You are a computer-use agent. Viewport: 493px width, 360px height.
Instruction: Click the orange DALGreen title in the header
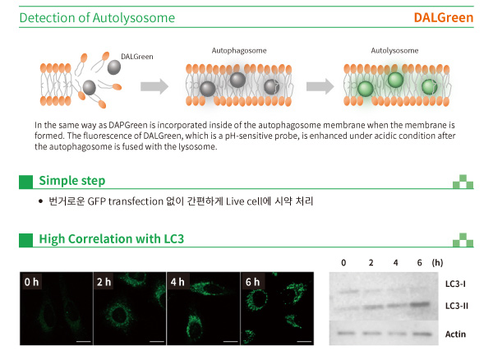click(x=444, y=17)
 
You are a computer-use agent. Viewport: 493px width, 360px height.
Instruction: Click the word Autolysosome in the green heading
click(x=134, y=18)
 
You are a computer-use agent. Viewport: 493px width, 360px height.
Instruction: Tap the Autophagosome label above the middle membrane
click(x=239, y=51)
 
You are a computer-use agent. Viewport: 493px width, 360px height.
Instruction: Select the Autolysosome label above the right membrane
click(x=394, y=51)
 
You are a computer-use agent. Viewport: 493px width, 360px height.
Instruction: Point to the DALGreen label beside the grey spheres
click(x=137, y=57)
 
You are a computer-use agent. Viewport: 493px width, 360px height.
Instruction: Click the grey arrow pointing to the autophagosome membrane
click(x=154, y=86)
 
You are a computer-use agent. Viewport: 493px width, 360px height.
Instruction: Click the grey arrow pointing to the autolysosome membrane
click(x=320, y=86)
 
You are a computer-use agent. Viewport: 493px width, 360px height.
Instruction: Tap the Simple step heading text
click(x=72, y=181)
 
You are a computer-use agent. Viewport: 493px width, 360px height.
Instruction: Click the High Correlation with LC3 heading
click(x=111, y=239)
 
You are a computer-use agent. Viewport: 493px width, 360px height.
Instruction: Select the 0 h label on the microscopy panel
click(x=31, y=282)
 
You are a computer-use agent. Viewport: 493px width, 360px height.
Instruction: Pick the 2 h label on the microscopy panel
click(x=104, y=282)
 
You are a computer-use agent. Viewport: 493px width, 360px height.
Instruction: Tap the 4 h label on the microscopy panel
click(x=177, y=282)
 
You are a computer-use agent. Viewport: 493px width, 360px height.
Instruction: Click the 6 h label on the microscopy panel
click(x=252, y=282)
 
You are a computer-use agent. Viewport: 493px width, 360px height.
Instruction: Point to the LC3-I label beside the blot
click(x=455, y=284)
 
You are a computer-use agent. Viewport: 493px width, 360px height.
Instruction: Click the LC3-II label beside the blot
click(x=457, y=306)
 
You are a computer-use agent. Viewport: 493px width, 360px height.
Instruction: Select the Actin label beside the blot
click(x=455, y=334)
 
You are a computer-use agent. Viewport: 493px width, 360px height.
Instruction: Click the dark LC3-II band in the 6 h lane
click(x=420, y=304)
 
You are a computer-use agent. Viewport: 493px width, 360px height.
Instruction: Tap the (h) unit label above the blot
click(x=437, y=262)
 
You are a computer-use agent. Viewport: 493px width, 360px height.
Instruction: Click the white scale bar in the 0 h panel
click(x=83, y=341)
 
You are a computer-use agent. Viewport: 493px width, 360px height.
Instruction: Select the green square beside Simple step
click(x=25, y=182)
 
